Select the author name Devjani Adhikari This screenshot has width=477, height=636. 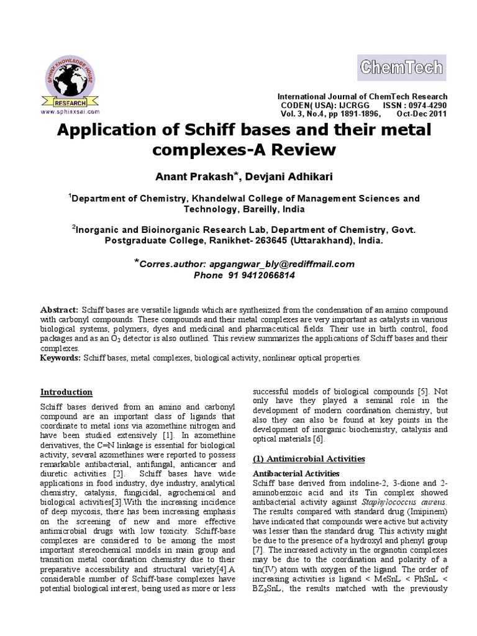[x=289, y=177]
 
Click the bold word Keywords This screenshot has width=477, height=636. [x=60, y=358]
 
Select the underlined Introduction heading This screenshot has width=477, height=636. [x=66, y=392]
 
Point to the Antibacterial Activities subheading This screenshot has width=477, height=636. [x=295, y=474]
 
